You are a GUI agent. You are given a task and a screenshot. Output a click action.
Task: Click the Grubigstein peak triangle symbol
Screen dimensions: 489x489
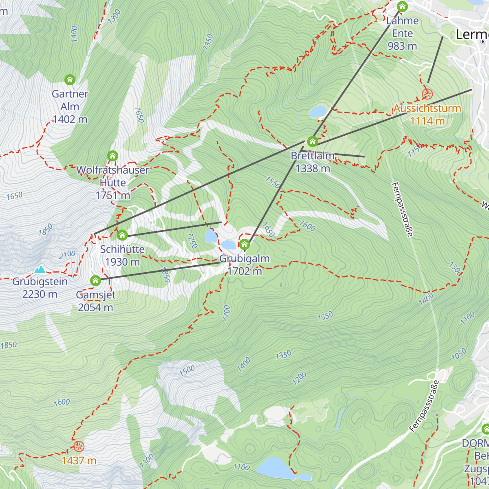[40, 269]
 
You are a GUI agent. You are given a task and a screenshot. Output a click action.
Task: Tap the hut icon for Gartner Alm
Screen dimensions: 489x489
[70, 79]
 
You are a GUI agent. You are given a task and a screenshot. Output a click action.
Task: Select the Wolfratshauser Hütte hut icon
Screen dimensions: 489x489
[112, 156]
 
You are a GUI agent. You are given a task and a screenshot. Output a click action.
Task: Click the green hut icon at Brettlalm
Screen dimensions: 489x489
[313, 142]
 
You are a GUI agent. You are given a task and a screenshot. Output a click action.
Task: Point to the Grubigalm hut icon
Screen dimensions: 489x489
[244, 245]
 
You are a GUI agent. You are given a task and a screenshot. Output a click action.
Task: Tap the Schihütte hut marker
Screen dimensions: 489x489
[122, 235]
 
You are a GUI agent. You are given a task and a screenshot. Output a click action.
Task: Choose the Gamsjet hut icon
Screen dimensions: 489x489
[95, 281]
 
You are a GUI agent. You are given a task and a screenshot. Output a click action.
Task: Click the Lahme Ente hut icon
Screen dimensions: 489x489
[402, 7]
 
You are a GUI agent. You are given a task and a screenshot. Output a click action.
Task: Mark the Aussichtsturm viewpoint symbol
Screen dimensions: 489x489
[427, 95]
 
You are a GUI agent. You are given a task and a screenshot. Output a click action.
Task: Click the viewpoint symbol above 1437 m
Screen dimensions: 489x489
[79, 447]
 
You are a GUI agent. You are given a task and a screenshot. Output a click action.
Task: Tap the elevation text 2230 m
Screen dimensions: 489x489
[40, 294]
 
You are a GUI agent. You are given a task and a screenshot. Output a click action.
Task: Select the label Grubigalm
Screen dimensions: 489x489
[244, 259]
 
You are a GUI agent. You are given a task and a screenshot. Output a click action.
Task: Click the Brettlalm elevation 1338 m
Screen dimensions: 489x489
[313, 168]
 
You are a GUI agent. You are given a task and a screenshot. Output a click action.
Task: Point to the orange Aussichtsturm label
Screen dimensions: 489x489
[427, 108]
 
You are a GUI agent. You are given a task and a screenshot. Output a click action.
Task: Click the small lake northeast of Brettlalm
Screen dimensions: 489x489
[318, 112]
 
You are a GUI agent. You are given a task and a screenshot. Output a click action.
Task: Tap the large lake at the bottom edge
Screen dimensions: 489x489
[274, 468]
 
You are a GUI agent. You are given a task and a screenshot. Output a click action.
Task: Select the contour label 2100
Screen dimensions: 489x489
[67, 254]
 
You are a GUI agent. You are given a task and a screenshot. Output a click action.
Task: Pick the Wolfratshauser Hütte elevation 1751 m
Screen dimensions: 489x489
[113, 196]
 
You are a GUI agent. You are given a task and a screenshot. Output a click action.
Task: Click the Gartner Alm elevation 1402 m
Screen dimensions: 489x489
[70, 119]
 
